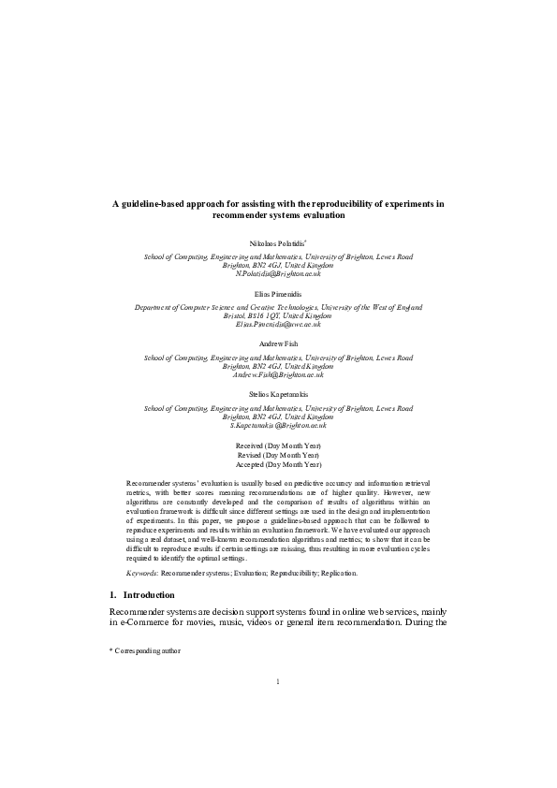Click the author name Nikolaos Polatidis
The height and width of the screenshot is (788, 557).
277,242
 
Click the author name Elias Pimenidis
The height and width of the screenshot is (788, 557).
278,294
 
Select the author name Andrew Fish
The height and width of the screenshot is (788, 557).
278,344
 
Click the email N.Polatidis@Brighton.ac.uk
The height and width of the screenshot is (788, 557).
278,273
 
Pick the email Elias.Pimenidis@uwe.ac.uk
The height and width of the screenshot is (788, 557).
278,324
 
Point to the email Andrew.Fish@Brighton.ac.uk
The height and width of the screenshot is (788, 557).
278,374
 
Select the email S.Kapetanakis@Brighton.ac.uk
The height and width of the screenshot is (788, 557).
278,426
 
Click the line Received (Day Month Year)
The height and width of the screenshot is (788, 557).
278,446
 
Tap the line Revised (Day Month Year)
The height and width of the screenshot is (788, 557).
278,456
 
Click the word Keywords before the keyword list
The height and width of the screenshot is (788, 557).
141,572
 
